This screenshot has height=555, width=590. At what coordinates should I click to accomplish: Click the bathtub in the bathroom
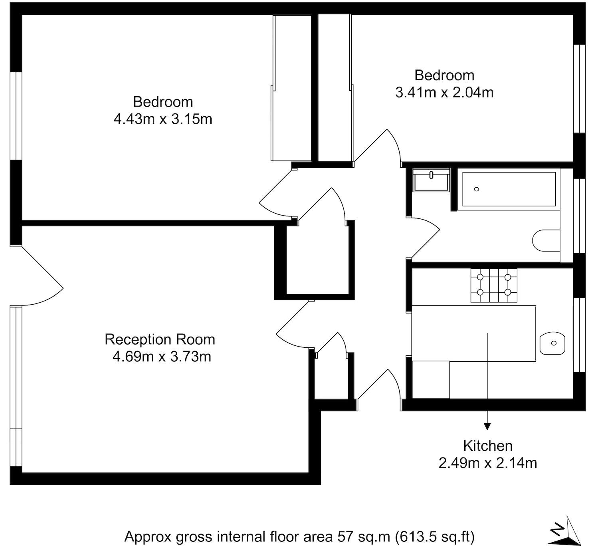509,189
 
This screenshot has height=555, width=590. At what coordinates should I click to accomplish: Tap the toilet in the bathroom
546,240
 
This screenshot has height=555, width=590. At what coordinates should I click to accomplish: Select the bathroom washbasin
431,180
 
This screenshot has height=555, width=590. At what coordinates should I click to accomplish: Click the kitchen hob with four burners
494,285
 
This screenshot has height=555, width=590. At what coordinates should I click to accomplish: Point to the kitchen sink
552,343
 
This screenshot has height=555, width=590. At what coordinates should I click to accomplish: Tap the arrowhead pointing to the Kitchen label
487,426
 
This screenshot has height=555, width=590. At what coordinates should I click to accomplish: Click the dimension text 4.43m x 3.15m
163,119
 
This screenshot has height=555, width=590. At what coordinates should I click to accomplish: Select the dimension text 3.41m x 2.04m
444,93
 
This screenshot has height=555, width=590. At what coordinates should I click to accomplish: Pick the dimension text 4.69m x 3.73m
162,357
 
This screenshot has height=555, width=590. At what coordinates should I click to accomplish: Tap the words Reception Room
160,339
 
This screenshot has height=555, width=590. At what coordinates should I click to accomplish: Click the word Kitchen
488,446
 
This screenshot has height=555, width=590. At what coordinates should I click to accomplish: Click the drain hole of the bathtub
477,189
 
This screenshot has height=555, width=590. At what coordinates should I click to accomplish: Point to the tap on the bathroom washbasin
431,175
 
